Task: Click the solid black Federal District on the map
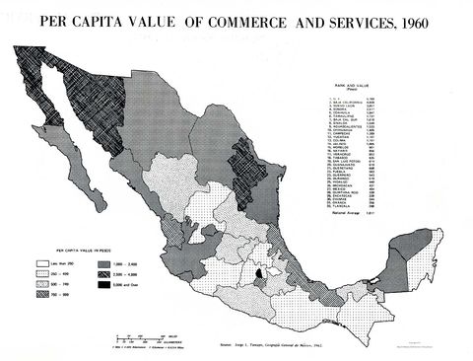260,275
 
